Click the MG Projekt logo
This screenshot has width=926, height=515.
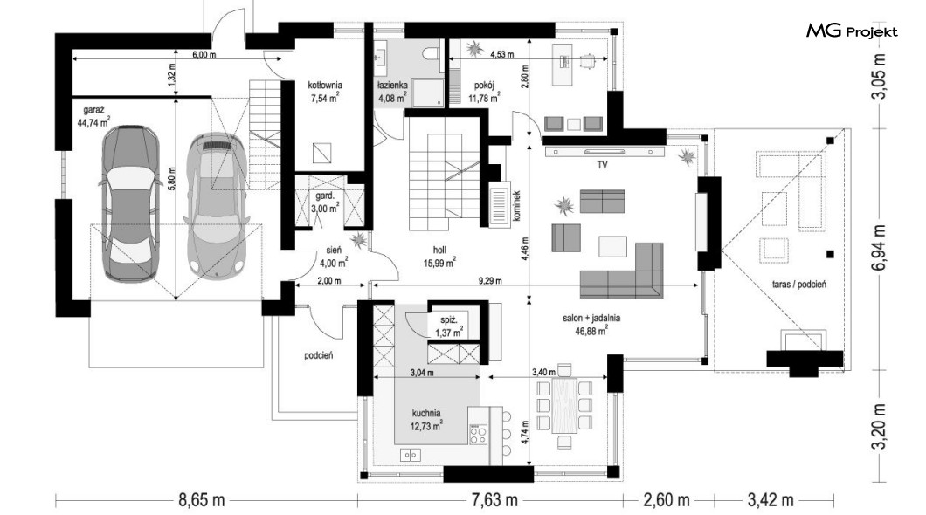pos(852,31)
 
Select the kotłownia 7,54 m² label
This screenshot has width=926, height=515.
pos(325,92)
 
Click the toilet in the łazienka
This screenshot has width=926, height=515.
pos(432,51)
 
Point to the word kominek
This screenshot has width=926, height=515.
pos(516,205)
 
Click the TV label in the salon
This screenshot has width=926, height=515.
pos(602,165)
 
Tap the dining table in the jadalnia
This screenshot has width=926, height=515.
pos(564,405)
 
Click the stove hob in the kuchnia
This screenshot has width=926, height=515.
pos(478,433)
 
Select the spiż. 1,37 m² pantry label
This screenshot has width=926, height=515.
pos(449,326)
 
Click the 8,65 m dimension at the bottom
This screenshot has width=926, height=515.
pos(202,500)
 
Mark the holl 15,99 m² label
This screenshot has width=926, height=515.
pos(439,257)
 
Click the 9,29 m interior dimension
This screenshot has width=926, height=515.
pos(490,281)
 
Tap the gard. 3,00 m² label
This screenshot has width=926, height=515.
pos(325,202)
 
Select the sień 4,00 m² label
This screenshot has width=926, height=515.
pos(335,257)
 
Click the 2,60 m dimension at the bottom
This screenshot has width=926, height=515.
pos(667,500)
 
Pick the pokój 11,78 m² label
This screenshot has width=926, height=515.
pos(484,92)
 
